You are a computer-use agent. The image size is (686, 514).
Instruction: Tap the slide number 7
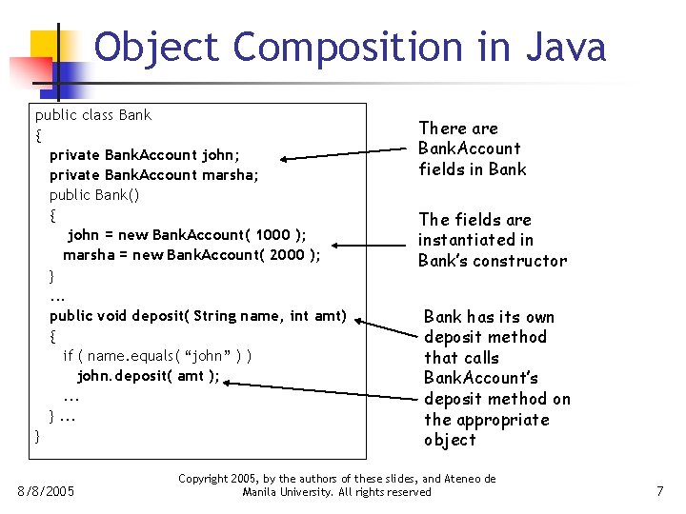click(x=659, y=491)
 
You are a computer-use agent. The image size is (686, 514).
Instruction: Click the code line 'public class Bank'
click(x=93, y=115)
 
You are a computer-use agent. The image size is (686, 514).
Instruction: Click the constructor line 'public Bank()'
click(x=94, y=195)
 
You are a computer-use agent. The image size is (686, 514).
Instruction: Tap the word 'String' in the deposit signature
click(x=214, y=316)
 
